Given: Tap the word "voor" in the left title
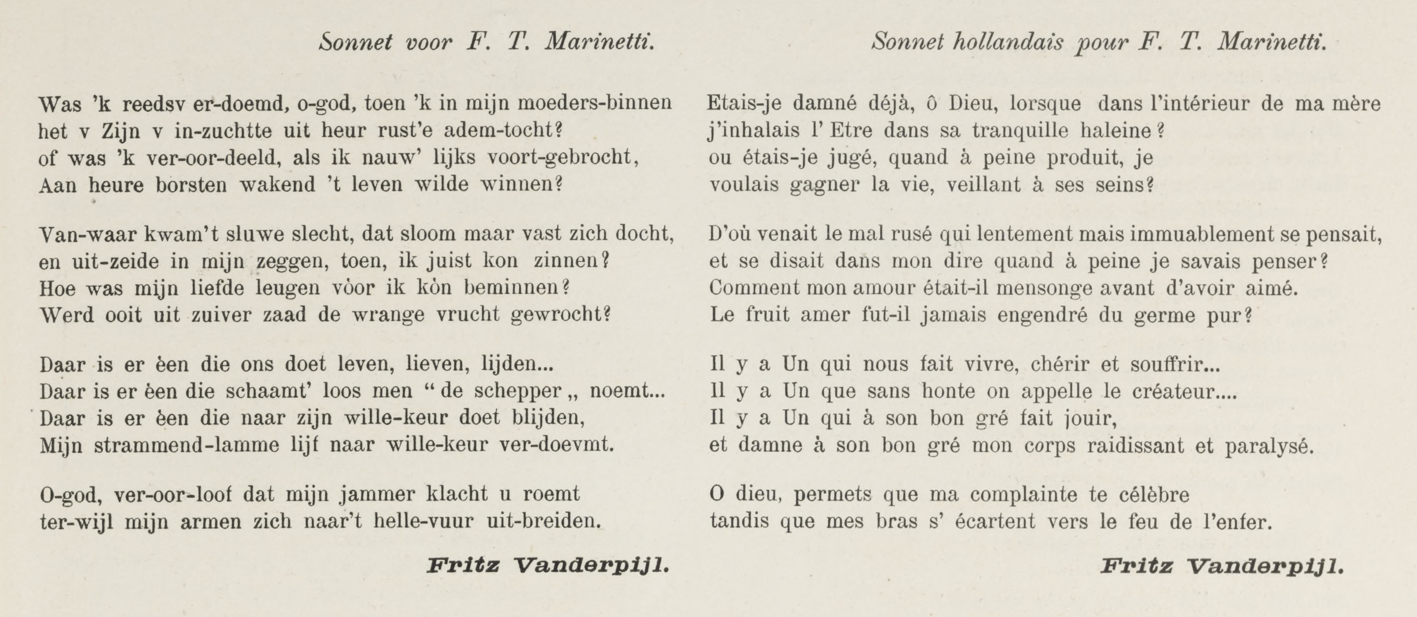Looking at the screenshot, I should point(428,42).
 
